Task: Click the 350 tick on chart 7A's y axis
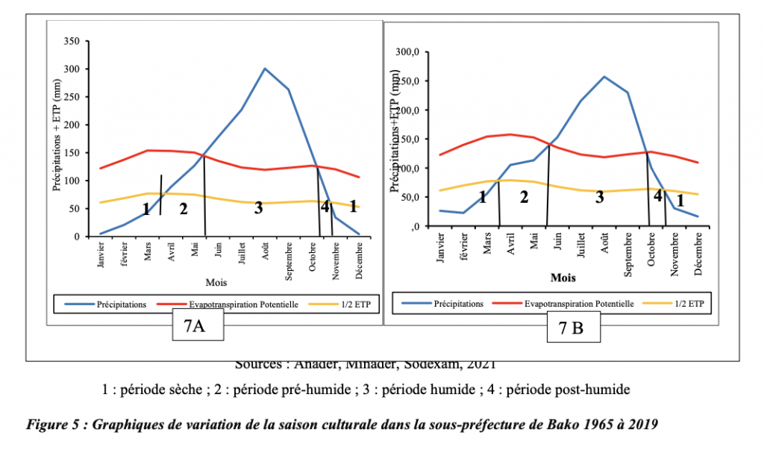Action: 73,41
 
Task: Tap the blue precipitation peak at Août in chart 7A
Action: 265,69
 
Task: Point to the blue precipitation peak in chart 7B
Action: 604,76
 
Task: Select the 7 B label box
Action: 574,328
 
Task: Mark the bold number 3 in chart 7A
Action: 258,208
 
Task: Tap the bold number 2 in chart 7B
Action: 524,197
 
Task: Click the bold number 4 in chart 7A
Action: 325,207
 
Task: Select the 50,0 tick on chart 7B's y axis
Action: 413,197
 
